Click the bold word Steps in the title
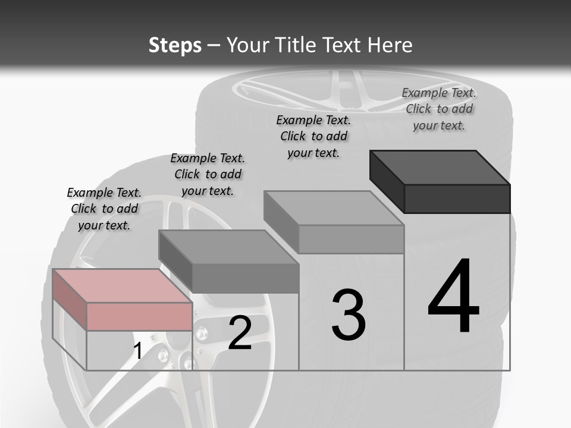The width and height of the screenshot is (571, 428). point(175,45)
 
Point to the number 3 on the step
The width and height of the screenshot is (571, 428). point(349,315)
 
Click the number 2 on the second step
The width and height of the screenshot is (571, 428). point(240,333)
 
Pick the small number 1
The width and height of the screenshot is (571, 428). point(137,351)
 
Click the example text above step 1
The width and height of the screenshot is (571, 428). point(104,209)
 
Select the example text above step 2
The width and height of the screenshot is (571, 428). point(208,174)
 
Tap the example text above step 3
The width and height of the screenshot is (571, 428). point(313,136)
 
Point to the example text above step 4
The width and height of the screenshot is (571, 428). point(439,109)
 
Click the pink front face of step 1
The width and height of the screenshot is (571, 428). point(139,316)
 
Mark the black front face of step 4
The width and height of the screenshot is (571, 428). point(457,199)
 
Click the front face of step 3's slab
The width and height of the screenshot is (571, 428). point(351,239)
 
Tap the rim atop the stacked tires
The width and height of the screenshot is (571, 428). point(351,89)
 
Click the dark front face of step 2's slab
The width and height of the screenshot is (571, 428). point(245,278)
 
